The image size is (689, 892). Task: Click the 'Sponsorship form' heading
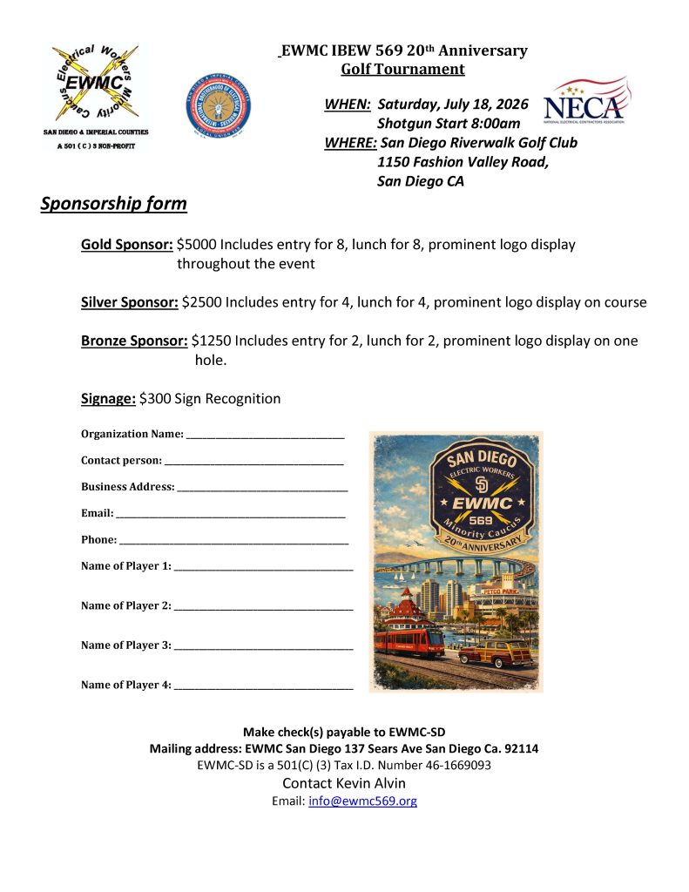(x=113, y=204)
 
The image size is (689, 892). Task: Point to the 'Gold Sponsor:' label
(x=126, y=245)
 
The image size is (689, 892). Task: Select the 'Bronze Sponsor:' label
(x=134, y=341)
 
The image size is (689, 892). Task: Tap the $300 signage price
(x=155, y=399)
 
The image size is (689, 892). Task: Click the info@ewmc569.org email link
(x=362, y=801)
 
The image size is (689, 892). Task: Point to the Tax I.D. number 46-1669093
(x=448, y=766)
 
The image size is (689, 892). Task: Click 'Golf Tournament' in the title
(x=402, y=70)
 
